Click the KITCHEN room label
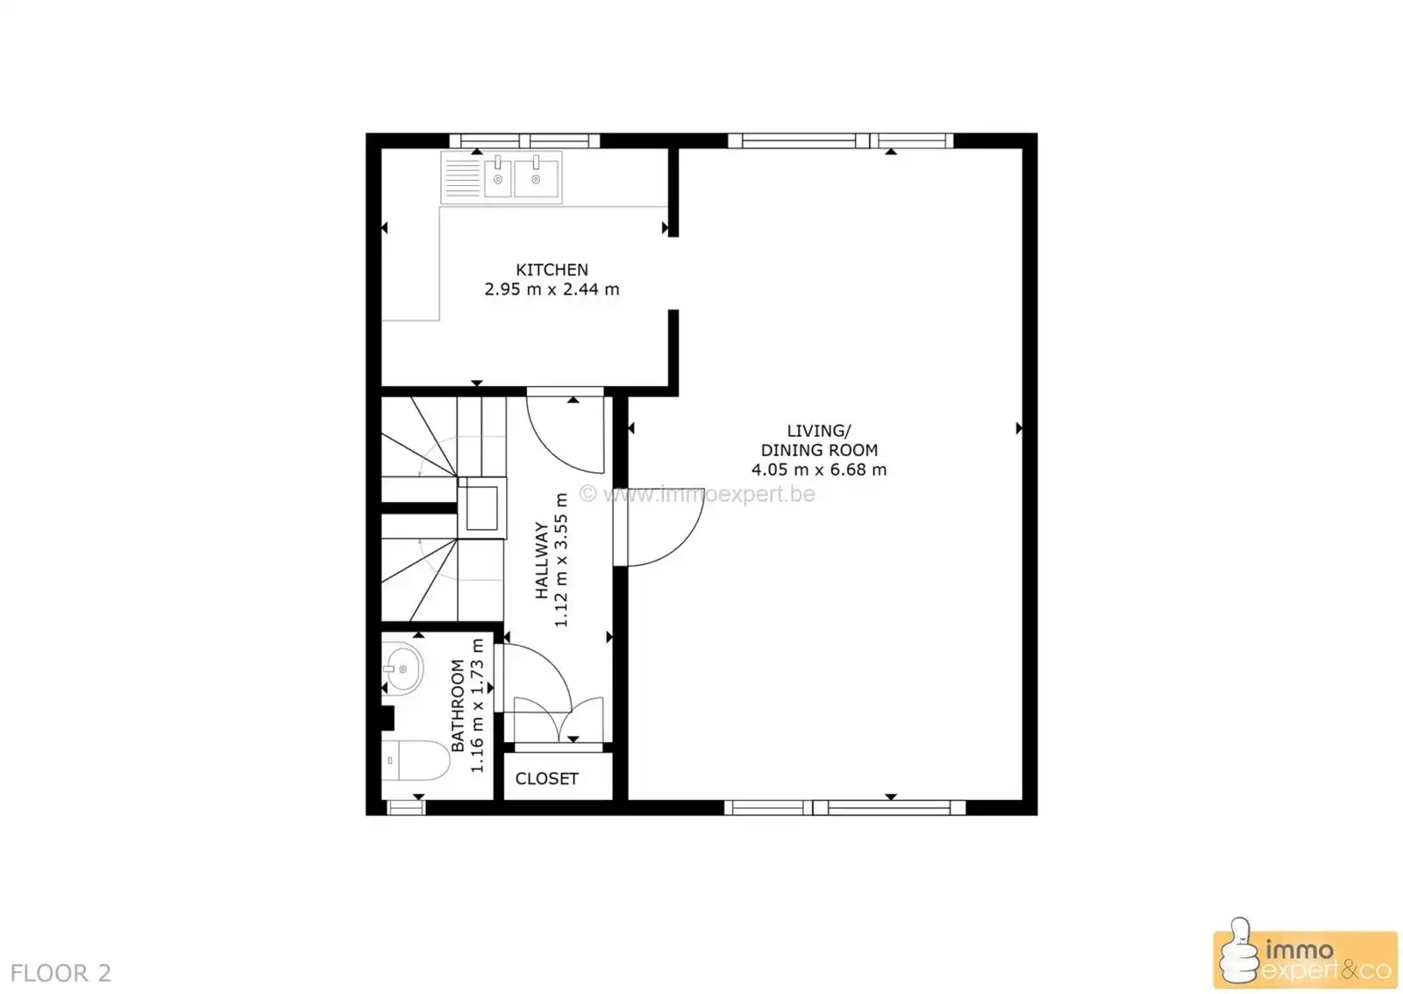tap(552, 270)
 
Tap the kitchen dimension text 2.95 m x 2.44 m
tap(552, 290)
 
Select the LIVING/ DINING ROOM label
tap(819, 440)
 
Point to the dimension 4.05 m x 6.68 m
tap(819, 470)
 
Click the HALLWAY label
tap(542, 561)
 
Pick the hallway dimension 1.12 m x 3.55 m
tap(561, 561)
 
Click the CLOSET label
tap(547, 779)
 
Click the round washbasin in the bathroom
tap(402, 669)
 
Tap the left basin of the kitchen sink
tap(497, 179)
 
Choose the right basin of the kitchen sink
tap(536, 178)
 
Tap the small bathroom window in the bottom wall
tap(405, 808)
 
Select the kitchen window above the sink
tap(524, 140)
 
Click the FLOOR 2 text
tap(61, 973)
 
